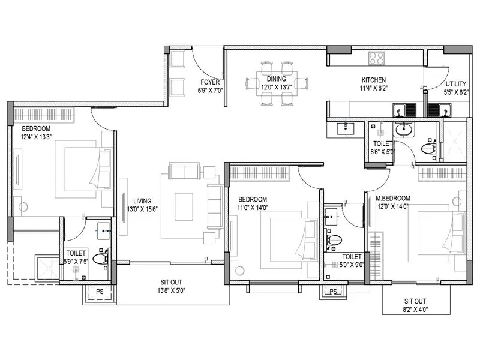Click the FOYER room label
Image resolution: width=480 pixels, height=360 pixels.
click(x=211, y=82)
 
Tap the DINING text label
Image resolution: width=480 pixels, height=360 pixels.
click(x=277, y=79)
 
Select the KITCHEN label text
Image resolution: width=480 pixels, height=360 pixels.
click(x=373, y=80)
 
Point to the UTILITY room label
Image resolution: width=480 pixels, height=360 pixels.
click(x=457, y=84)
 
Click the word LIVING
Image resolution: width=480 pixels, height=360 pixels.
click(x=142, y=201)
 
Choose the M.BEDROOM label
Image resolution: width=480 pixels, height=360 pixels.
click(x=394, y=199)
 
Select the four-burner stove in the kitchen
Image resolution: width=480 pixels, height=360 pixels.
click(x=376, y=58)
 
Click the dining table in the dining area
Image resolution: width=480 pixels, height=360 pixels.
click(x=277, y=84)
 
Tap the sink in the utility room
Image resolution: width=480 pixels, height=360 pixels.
click(x=445, y=110)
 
